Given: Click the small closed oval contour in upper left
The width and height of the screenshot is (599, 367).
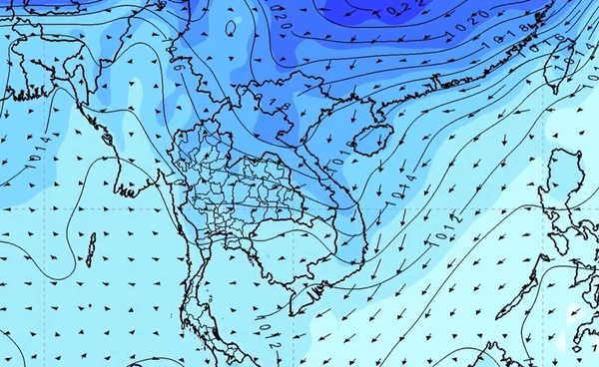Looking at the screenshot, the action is [232, 29].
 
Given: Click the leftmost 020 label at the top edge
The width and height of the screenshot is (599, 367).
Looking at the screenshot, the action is [277, 16].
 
